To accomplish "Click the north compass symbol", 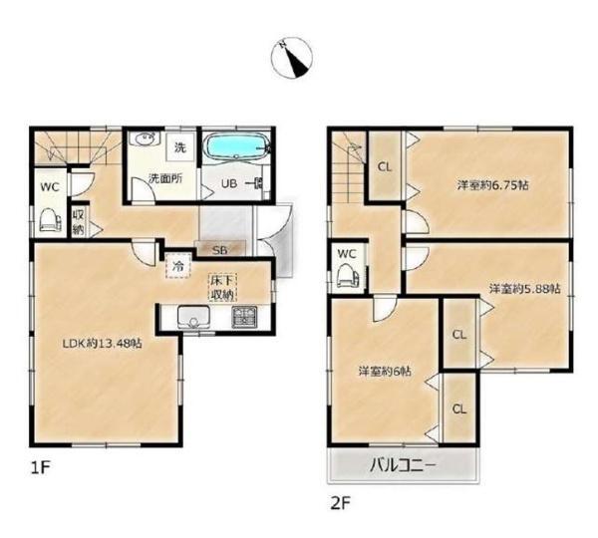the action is (292, 58).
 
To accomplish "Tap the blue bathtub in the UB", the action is (237, 145).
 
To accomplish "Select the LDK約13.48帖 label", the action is (103, 344).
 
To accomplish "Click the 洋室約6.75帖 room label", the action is (492, 185).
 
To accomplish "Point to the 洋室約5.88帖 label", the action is (525, 289).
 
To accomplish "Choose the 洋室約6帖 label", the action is (385, 371).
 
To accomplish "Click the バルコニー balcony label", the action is (403, 465).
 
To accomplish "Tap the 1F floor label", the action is (41, 468).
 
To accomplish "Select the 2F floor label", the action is (340, 504).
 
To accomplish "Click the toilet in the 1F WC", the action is (51, 220).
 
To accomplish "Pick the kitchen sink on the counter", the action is (193, 317).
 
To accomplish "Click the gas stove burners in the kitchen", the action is (244, 317).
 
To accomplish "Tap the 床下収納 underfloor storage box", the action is (222, 288).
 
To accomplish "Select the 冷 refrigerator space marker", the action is (178, 265).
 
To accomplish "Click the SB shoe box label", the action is (219, 250).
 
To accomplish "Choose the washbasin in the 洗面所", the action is (144, 138).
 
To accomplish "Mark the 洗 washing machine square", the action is (180, 146).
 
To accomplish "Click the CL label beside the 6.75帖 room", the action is (385, 167).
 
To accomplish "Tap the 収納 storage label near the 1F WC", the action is (79, 223).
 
